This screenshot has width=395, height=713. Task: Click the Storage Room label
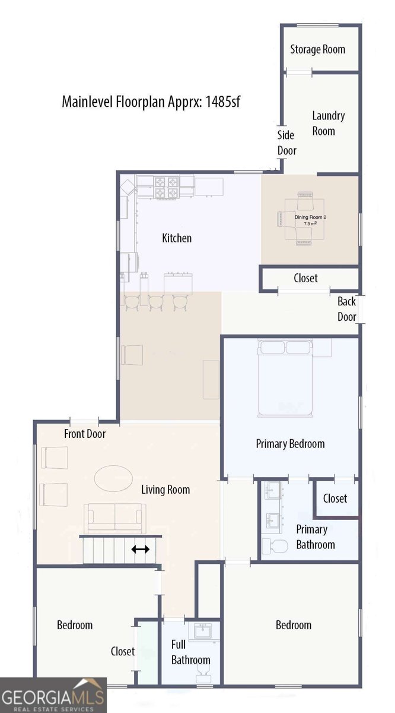(x=317, y=49)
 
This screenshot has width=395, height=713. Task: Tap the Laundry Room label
(x=328, y=123)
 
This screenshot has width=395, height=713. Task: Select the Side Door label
(x=286, y=143)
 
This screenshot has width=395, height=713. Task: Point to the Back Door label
(x=347, y=309)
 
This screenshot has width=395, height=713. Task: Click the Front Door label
(x=85, y=434)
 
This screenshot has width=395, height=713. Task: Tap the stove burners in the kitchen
(x=167, y=188)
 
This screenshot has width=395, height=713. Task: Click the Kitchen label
(x=177, y=238)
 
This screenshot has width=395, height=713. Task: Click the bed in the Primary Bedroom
(x=285, y=378)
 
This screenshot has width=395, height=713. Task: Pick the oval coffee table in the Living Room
(x=113, y=478)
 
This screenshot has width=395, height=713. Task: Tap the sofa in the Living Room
(x=114, y=519)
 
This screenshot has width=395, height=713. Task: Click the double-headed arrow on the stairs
(x=141, y=549)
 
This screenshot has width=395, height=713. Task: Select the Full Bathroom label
(x=190, y=652)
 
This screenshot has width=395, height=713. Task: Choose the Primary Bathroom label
(x=316, y=537)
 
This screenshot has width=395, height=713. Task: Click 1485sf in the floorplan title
(x=223, y=102)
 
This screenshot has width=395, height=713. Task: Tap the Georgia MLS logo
(x=53, y=695)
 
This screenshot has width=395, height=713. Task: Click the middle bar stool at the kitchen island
(x=156, y=302)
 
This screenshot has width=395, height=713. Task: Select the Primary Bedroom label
(x=291, y=444)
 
